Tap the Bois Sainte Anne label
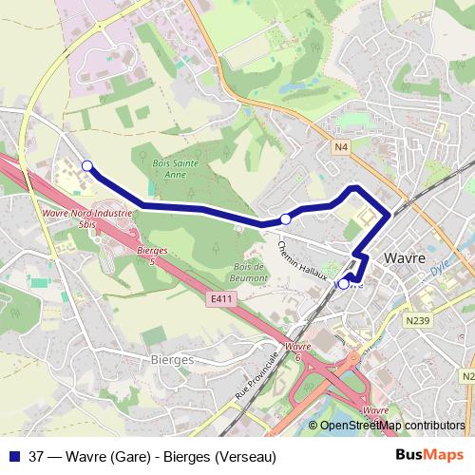pyautogui.click(x=171, y=169)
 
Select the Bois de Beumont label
pyautogui.click(x=250, y=273)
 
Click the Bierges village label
pyautogui.click(x=172, y=360)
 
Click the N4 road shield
pyautogui.click(x=341, y=146)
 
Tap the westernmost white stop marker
pyautogui.click(x=87, y=166)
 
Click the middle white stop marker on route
pyautogui.click(x=285, y=219)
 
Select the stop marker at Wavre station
pyautogui.click(x=344, y=282)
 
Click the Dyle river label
pyautogui.click(x=438, y=269)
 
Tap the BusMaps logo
pyautogui.click(x=429, y=455)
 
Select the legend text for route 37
pyautogui.click(x=153, y=455)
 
